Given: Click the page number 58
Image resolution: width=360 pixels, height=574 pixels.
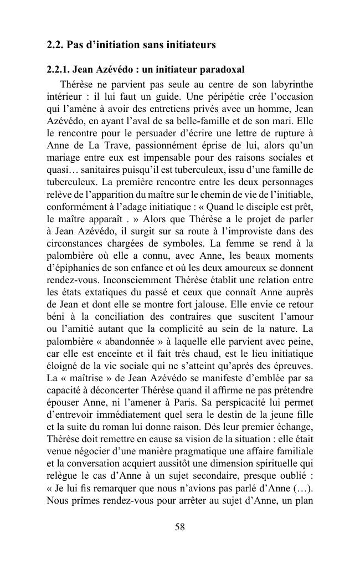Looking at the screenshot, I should pos(179,527).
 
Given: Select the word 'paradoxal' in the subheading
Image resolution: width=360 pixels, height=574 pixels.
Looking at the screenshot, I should pos(221,70).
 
